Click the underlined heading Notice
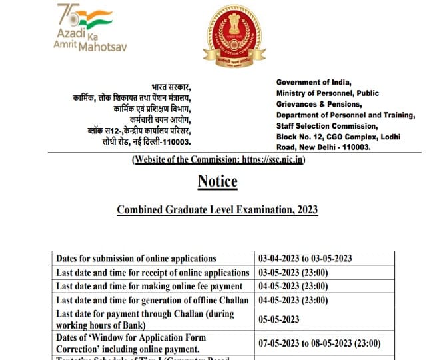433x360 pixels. pos(217,181)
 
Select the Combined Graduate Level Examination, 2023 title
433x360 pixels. pos(217,210)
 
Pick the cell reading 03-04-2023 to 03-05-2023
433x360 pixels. pos(305,259)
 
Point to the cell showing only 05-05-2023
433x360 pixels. pos(279,319)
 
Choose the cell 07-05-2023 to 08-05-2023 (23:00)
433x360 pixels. pos(320,343)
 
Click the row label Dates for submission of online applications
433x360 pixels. pos(136,259)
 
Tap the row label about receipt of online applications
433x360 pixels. pos(153,273)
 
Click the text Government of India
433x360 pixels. pos(312,82)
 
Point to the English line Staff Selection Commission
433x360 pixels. pos(326,126)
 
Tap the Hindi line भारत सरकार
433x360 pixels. pos(171,87)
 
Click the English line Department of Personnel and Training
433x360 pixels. pos(345,115)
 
